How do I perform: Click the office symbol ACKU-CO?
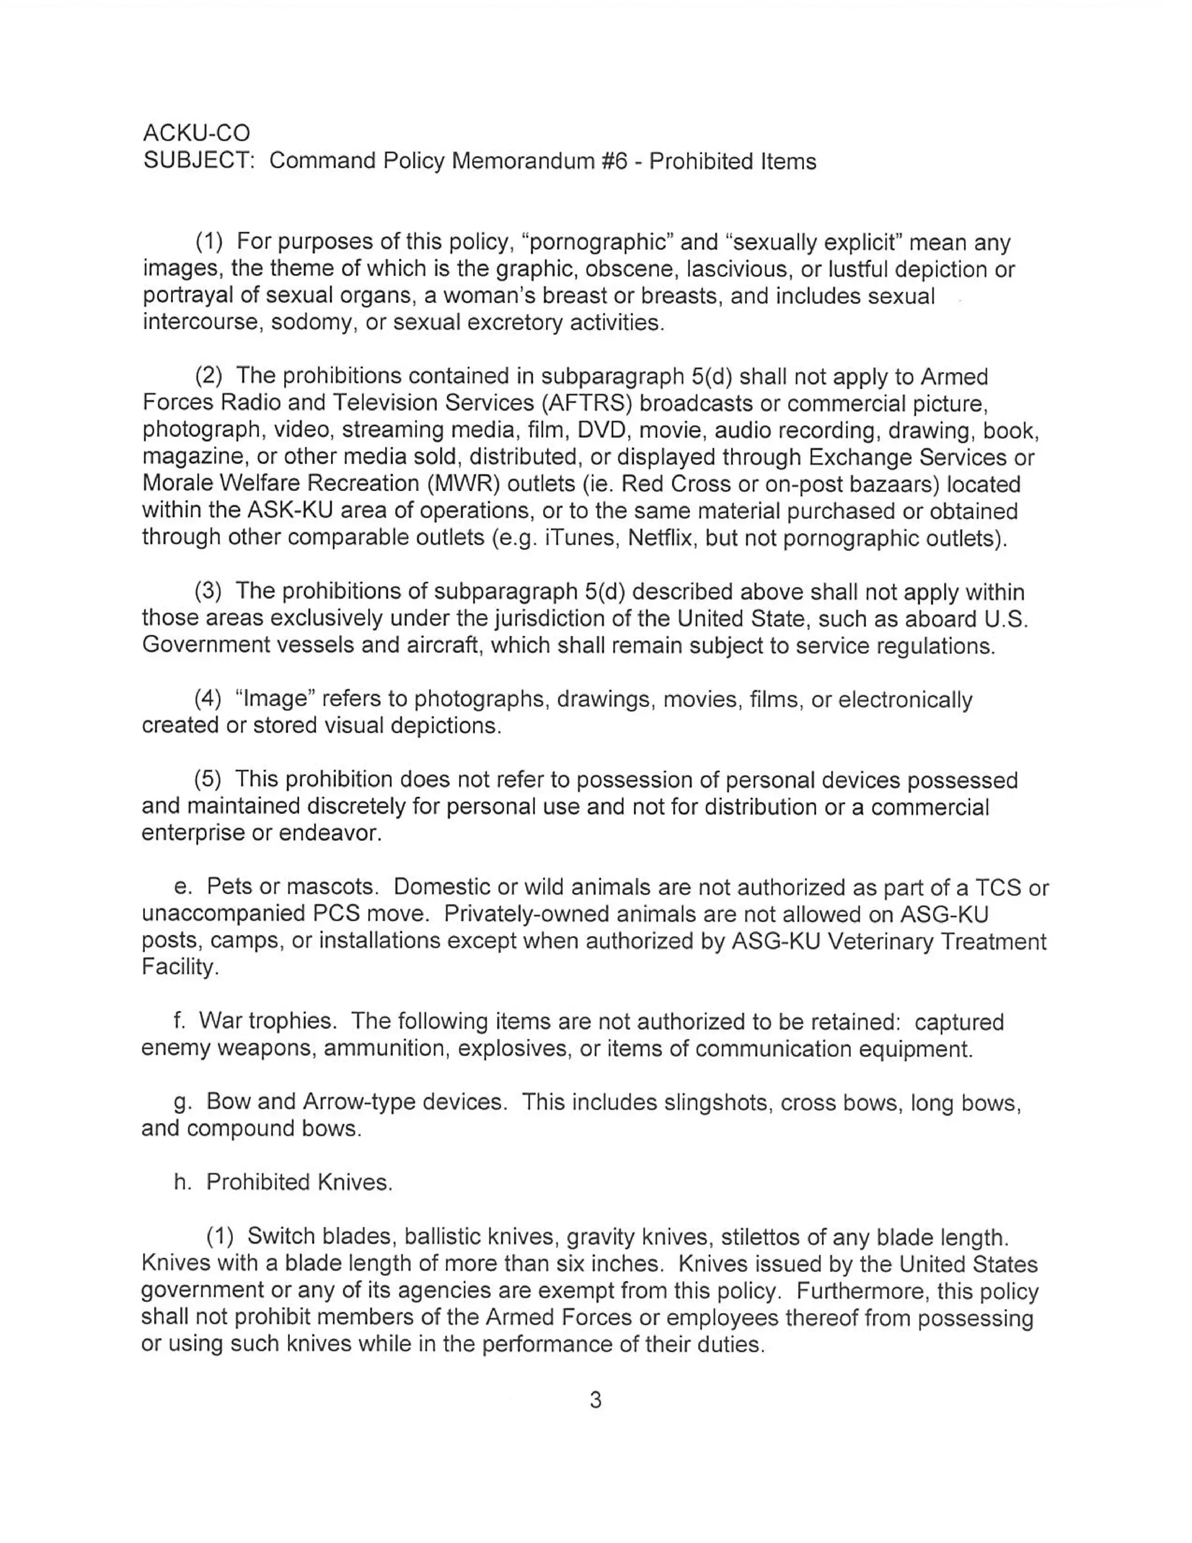(196, 133)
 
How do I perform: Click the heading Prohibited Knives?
(299, 1182)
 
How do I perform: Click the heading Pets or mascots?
(289, 887)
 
